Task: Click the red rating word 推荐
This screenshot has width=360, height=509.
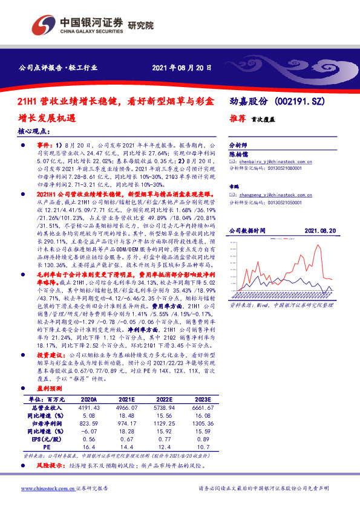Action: click(x=237, y=120)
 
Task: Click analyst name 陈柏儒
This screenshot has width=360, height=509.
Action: click(x=237, y=154)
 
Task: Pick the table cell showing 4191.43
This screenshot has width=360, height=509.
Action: click(x=88, y=409)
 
